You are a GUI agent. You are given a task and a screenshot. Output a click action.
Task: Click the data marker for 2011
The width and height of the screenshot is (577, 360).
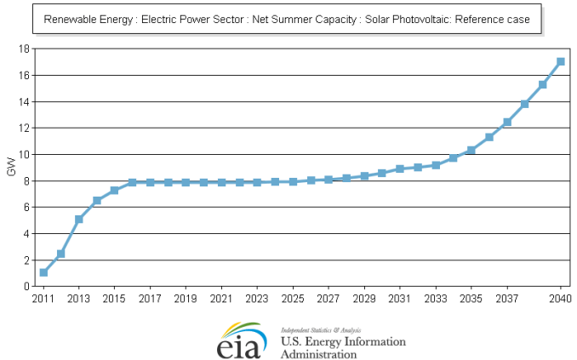click(x=43, y=272)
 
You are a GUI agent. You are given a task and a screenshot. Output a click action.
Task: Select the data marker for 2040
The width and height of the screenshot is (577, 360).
click(x=561, y=61)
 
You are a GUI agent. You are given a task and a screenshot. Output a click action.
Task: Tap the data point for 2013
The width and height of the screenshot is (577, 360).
click(x=79, y=219)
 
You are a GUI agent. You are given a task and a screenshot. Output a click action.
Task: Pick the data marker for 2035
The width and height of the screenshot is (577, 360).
click(x=471, y=150)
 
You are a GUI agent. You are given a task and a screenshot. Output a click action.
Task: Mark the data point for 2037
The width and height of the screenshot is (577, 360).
click(x=507, y=122)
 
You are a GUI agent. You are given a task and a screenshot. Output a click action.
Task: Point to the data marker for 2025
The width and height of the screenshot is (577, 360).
click(x=293, y=181)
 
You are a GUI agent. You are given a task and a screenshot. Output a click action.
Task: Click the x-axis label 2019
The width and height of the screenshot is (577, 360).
click(x=186, y=299)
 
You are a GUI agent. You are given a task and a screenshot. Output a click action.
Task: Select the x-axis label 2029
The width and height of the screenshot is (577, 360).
click(x=364, y=299)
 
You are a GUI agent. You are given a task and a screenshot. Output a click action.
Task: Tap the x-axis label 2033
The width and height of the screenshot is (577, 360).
click(x=436, y=299)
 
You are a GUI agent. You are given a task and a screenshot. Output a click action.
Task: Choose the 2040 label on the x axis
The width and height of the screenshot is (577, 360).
click(x=560, y=299)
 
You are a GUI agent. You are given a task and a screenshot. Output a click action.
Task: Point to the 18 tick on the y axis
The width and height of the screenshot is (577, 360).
click(x=26, y=49)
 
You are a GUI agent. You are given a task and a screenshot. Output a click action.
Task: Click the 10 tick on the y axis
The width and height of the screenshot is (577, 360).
click(x=26, y=154)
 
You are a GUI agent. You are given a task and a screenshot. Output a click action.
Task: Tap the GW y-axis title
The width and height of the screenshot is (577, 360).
click(x=10, y=168)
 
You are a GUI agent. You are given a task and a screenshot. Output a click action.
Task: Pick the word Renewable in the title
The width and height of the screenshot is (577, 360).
click(x=69, y=20)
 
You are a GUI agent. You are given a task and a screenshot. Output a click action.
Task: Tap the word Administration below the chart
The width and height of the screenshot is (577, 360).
click(x=318, y=354)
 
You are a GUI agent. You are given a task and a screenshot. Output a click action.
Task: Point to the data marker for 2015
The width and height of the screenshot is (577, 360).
click(x=115, y=190)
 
